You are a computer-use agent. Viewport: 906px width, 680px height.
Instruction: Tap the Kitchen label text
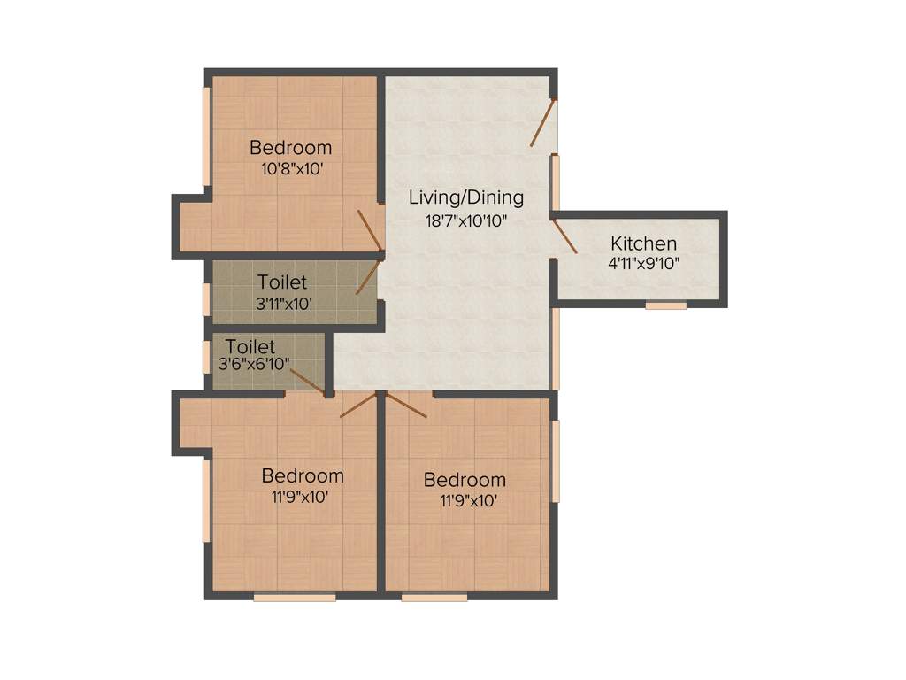pyautogui.click(x=644, y=243)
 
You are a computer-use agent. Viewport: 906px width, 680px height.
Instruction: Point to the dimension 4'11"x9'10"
pyautogui.click(x=644, y=263)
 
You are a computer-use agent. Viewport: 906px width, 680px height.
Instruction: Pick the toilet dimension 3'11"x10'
pyautogui.click(x=282, y=303)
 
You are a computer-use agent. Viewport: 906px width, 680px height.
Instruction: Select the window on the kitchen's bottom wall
pyautogui.click(x=665, y=305)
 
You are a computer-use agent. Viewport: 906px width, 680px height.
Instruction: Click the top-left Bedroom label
pyautogui.click(x=290, y=147)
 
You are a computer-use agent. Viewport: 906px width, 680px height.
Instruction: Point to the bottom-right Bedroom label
pyautogui.click(x=465, y=480)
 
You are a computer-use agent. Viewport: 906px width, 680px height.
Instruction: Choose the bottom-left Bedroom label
pyautogui.click(x=303, y=476)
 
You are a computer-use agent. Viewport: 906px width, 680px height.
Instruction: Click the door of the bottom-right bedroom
pyautogui.click(x=407, y=405)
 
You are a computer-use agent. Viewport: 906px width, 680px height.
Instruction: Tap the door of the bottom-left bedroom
pyautogui.click(x=358, y=405)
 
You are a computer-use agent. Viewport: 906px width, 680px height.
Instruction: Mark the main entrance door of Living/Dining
pyautogui.click(x=543, y=122)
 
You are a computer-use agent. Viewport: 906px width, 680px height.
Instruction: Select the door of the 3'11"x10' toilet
pyautogui.click(x=367, y=276)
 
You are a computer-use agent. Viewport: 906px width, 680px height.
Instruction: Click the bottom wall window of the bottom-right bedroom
pyautogui.click(x=434, y=598)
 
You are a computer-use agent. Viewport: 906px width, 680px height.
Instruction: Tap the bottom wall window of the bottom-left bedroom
pyautogui.click(x=295, y=598)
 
